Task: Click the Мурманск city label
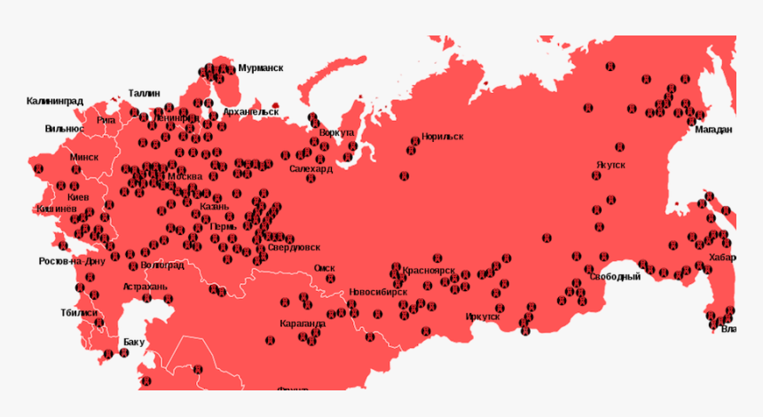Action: [x=260, y=68]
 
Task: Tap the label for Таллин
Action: [x=144, y=92]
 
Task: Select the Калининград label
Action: [x=55, y=101]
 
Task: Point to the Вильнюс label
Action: [x=64, y=129]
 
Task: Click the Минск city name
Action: [x=84, y=157]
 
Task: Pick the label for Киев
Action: [x=78, y=196]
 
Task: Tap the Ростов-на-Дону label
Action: [x=72, y=262]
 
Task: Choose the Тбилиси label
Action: [x=79, y=312]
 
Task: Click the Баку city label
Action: [x=134, y=342]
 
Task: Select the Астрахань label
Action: [x=145, y=287]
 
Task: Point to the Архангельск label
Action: [x=251, y=112]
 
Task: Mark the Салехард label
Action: [x=311, y=168]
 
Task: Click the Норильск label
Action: [x=443, y=137]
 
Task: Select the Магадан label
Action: [x=713, y=130]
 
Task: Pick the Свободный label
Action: [x=615, y=277]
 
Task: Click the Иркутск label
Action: [x=483, y=316]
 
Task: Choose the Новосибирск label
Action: [x=378, y=291]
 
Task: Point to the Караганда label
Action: [x=303, y=324]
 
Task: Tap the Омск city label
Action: [x=325, y=268]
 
